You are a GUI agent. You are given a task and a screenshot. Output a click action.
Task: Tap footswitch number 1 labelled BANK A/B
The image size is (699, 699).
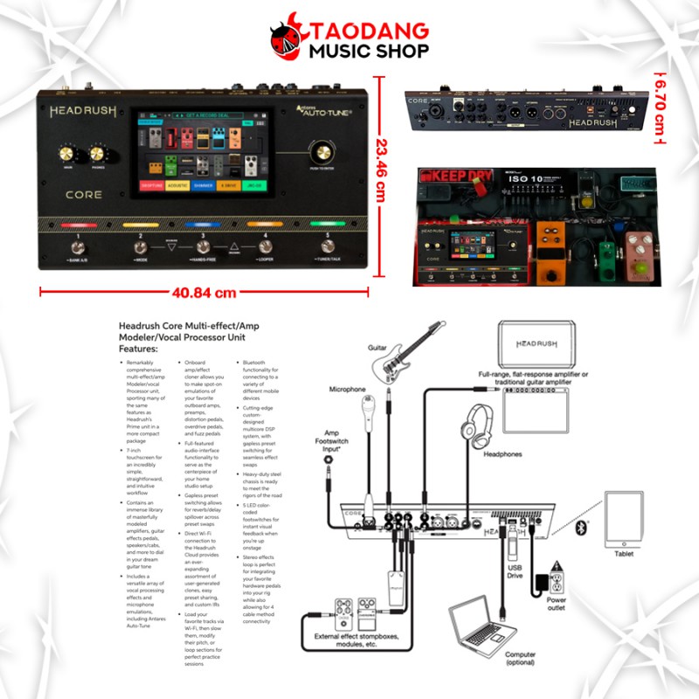click(77, 251)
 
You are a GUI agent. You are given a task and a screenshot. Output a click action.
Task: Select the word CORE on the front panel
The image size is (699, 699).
click(83, 195)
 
